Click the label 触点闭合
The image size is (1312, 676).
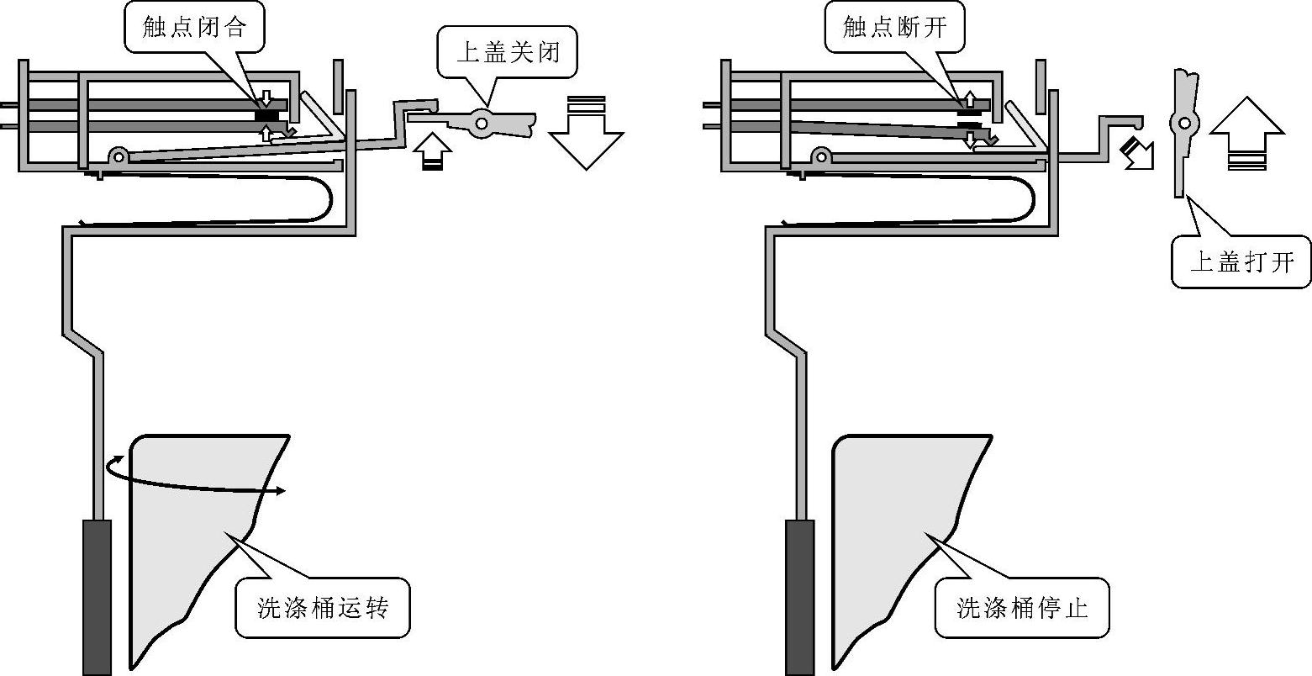(x=194, y=27)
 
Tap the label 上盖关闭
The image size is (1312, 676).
(x=508, y=51)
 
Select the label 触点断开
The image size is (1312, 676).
(x=894, y=27)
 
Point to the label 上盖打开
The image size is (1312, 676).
(x=1241, y=261)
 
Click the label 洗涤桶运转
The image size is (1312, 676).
(x=323, y=607)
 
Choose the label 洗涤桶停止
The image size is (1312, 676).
(x=1022, y=607)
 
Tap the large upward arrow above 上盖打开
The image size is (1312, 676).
(x=1247, y=133)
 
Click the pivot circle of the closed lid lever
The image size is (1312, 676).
(x=482, y=124)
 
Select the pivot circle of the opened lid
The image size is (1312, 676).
(x=1184, y=124)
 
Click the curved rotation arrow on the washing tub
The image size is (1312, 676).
(x=193, y=480)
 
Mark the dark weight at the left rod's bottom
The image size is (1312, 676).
(x=97, y=597)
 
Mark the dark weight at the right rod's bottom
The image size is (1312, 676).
(x=799, y=597)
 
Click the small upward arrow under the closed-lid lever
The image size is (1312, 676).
(x=432, y=151)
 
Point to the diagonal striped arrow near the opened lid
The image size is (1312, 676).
(x=1137, y=154)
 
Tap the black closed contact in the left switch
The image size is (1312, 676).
(x=267, y=115)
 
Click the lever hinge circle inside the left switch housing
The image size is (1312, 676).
(x=119, y=156)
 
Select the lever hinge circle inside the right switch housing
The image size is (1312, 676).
(x=821, y=156)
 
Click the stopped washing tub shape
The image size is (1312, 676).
(x=912, y=551)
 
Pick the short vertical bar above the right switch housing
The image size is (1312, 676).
(x=1041, y=87)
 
